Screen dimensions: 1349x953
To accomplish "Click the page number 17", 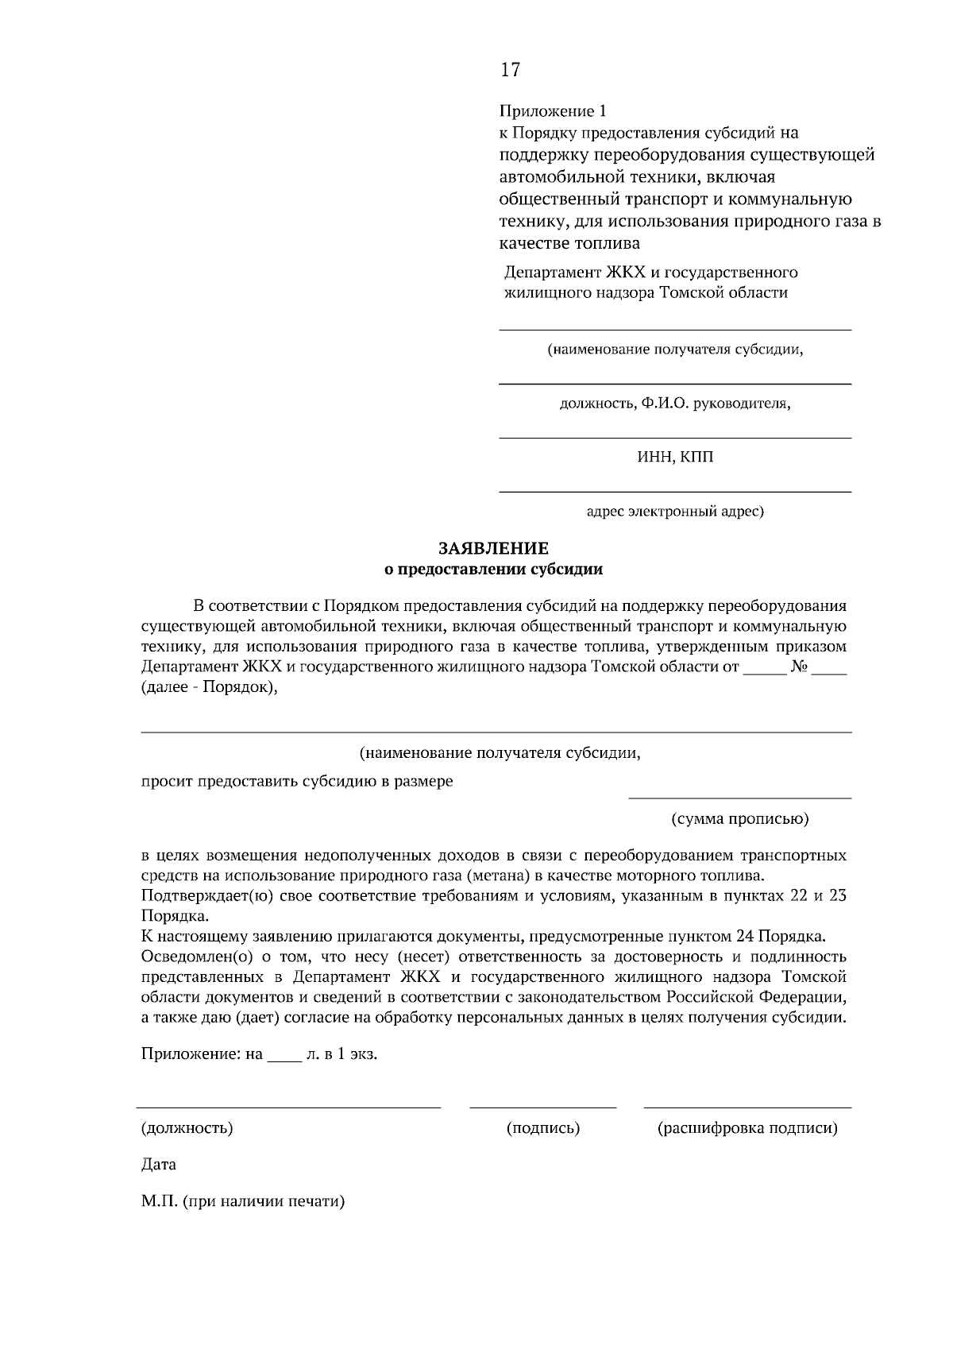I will (x=510, y=70).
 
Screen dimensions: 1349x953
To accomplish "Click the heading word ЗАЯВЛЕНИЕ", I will (x=493, y=548).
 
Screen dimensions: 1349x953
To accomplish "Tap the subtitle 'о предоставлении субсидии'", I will (x=493, y=569).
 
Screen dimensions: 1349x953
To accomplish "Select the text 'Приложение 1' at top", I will (x=546, y=110).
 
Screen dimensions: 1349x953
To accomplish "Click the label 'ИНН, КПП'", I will (x=675, y=457).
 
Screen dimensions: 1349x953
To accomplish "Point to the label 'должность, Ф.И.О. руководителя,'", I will (x=675, y=404).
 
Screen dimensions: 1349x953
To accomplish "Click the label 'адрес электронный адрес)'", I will (x=675, y=511).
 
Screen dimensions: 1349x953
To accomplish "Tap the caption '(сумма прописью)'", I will (x=739, y=818).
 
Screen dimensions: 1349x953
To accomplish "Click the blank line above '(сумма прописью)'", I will (x=739, y=796).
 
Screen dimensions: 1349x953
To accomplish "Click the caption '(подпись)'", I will (x=543, y=1128).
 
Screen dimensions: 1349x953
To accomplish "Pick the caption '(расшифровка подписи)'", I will (x=747, y=1128).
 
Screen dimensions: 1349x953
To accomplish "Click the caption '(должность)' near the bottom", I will (x=187, y=1128).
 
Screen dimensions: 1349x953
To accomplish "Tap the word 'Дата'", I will (x=159, y=1165).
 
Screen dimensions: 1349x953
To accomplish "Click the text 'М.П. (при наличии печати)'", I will (x=243, y=1202).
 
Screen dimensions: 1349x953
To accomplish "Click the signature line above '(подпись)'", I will (x=543, y=1107).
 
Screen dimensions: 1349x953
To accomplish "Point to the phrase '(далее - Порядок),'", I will (x=210, y=687).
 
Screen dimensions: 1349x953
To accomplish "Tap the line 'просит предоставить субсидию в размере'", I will (x=297, y=781).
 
